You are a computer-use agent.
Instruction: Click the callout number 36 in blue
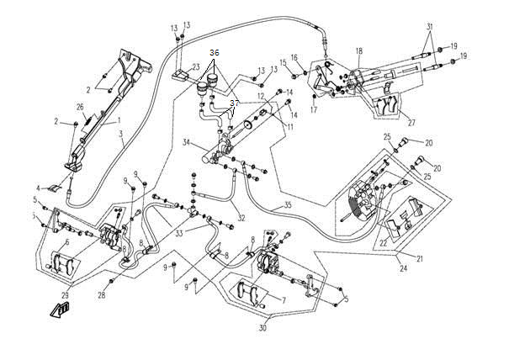coord(215,53)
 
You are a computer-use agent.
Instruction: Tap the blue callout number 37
coord(235,103)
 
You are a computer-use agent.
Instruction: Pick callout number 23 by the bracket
coord(194,66)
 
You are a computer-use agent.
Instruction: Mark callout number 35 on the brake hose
coord(287,204)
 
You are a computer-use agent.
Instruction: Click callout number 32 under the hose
coord(241,217)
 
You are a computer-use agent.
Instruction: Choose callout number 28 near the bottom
coord(102,294)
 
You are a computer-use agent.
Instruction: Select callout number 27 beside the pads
coord(412,122)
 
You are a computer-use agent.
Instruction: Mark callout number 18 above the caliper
coord(358,51)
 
